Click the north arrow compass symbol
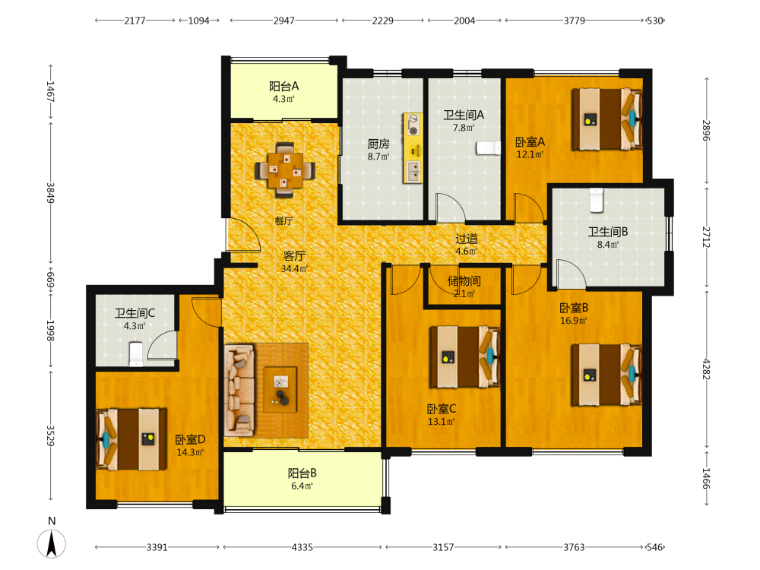(52, 543)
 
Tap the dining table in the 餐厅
(285, 170)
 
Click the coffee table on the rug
(280, 390)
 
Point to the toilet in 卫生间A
(488, 148)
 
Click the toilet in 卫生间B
(596, 200)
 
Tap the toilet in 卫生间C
(136, 354)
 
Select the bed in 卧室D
(131, 439)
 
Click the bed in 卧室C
(465, 356)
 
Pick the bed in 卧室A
(607, 119)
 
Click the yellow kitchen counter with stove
(413, 148)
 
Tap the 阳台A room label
(284, 87)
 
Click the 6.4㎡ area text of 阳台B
(302, 486)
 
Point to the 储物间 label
(464, 281)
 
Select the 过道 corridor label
(467, 239)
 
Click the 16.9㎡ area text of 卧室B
(574, 321)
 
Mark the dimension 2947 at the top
(284, 21)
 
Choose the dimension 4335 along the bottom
(302, 547)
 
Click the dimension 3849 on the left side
(50, 193)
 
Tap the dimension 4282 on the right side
(706, 369)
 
